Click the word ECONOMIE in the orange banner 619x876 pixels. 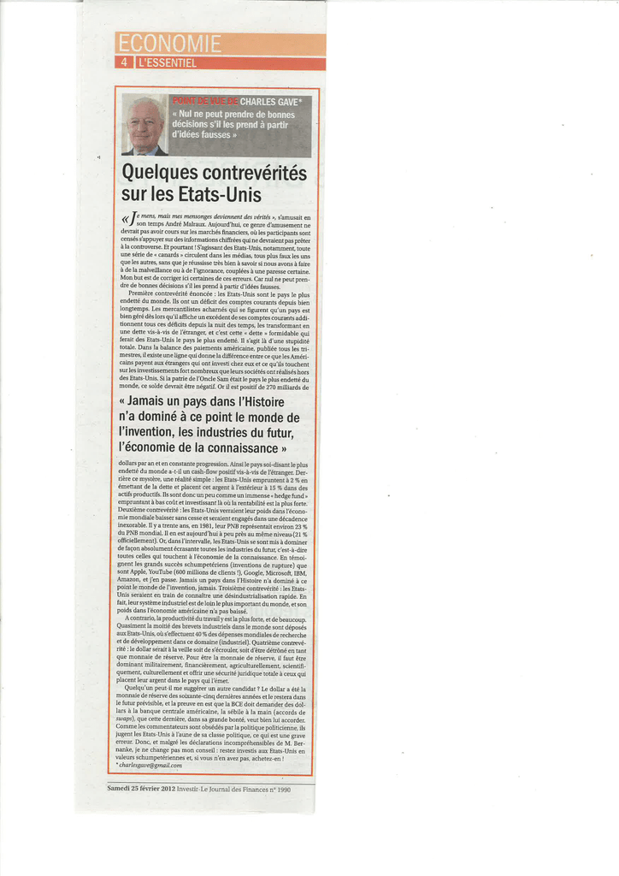[169, 44]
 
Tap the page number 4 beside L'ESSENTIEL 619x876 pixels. [126, 62]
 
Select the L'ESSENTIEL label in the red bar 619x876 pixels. [167, 62]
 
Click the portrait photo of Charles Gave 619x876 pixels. [144, 125]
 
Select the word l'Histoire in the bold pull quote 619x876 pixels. [256, 402]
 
